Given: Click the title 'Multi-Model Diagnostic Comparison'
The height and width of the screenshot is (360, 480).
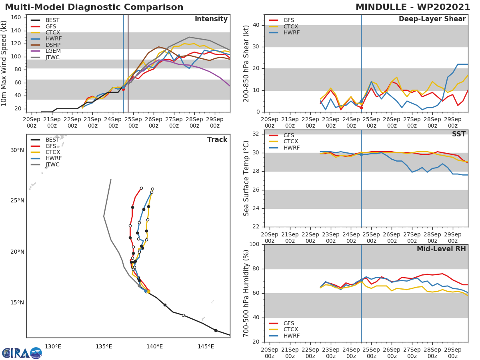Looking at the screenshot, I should click(94, 7).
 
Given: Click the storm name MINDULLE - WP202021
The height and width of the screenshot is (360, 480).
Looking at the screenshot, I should click(413, 7).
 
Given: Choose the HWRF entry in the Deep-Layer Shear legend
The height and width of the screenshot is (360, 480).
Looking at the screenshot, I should click(291, 33).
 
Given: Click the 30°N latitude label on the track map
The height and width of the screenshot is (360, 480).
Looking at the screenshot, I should click(17, 150).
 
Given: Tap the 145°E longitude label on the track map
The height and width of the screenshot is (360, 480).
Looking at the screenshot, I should click(206, 346).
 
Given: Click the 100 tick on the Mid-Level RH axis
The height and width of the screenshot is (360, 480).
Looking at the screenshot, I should click(256, 244).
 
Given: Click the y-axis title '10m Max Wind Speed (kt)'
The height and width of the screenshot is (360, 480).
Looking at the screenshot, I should click(5, 63).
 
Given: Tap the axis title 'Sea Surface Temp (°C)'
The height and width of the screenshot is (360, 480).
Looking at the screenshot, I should click(246, 178).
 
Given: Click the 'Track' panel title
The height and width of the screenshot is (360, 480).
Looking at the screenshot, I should click(217, 140).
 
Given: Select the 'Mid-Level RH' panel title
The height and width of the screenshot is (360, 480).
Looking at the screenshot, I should click(441, 249).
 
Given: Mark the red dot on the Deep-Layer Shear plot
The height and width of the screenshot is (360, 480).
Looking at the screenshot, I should click(361, 108).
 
